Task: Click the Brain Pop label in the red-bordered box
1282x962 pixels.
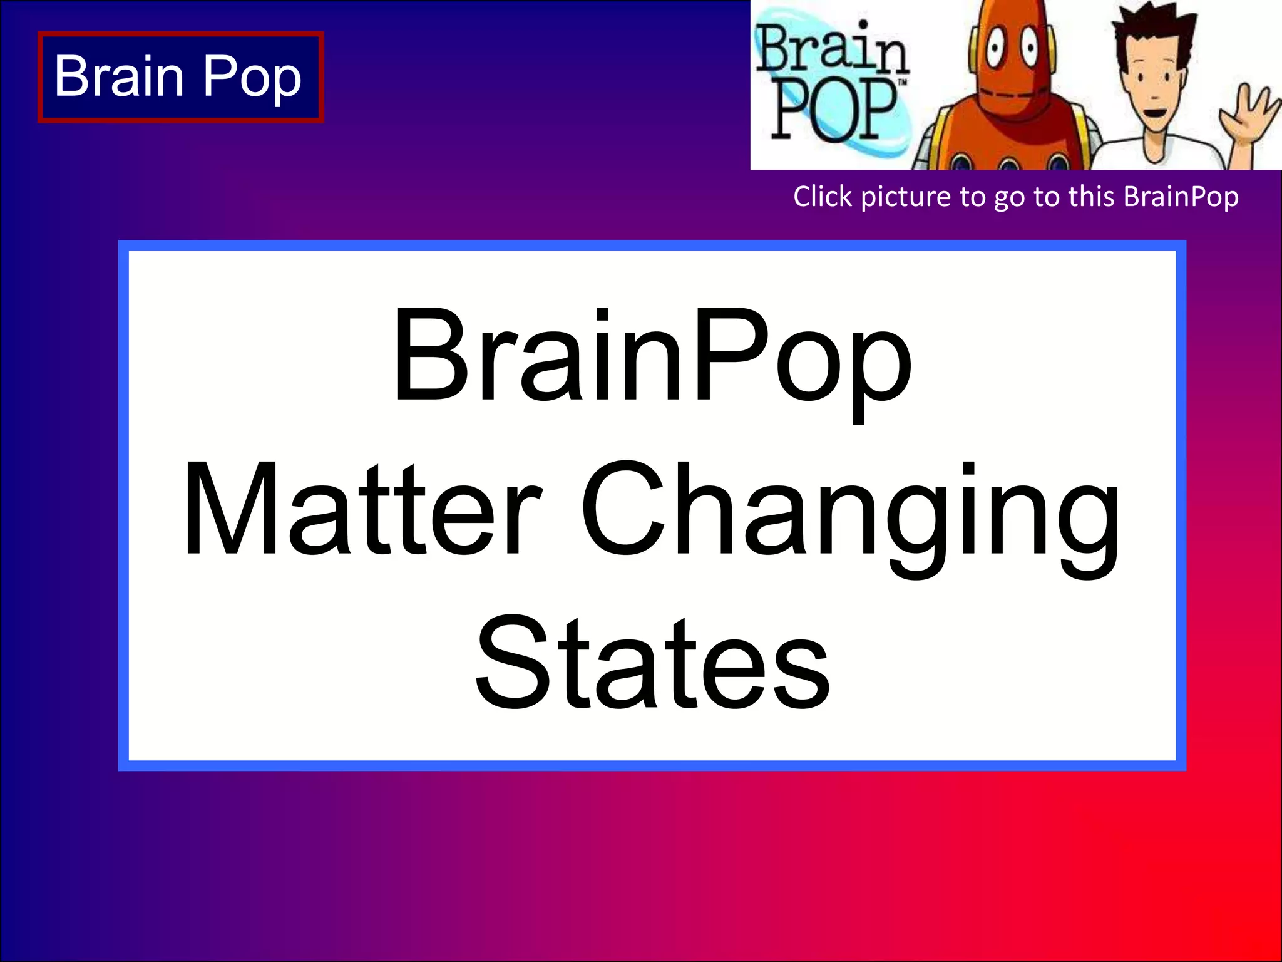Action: click(179, 76)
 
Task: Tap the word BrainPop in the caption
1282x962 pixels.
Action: click(1181, 197)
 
